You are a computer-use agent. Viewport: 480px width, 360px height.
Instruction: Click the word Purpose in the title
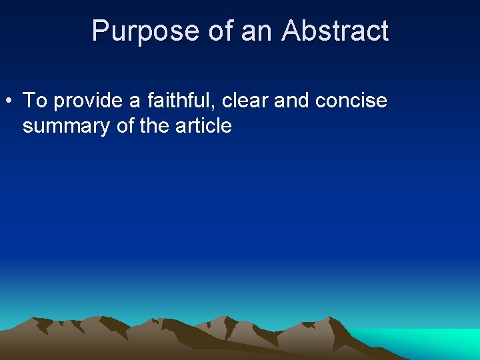(145, 31)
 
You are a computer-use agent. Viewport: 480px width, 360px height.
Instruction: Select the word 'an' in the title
(256, 31)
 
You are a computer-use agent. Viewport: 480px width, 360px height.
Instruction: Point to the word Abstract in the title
(335, 31)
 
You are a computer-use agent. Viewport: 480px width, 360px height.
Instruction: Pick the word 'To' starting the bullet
(35, 101)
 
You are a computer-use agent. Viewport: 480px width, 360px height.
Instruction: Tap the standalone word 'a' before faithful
(134, 101)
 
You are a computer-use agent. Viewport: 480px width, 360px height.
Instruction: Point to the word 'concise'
(351, 101)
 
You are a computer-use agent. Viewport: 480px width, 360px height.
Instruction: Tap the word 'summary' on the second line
(67, 126)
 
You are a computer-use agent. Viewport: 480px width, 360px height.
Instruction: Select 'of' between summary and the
(125, 125)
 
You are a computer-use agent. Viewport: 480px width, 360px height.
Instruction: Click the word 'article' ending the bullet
(203, 125)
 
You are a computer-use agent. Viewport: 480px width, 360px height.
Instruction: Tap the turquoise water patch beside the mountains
(427, 341)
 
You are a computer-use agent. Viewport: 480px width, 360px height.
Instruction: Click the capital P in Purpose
(99, 31)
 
